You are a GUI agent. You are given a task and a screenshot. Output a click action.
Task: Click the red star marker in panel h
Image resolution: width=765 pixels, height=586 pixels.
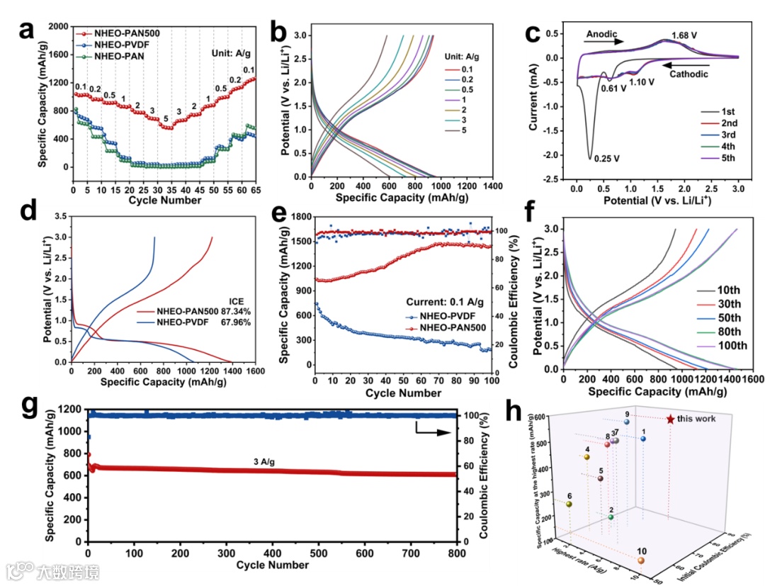[670, 419]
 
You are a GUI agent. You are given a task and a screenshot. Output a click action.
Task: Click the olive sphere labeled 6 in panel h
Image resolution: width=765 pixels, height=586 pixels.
[569, 505]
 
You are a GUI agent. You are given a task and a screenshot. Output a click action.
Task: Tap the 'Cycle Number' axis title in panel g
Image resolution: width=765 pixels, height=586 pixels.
[273, 565]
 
